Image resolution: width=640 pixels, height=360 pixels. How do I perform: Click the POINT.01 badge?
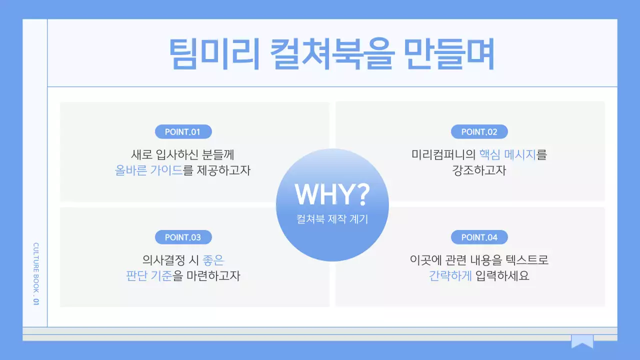[x=182, y=132]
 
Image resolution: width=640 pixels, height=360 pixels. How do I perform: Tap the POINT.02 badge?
[x=479, y=132]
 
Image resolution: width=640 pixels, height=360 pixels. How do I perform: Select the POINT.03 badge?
[x=182, y=237]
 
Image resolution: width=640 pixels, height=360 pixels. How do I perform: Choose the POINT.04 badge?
[x=479, y=237]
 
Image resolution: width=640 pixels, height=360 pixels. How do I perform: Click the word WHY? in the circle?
[x=332, y=194]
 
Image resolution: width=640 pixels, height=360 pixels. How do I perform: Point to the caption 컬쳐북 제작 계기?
[x=332, y=219]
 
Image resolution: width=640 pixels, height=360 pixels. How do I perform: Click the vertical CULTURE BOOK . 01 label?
[x=35, y=274]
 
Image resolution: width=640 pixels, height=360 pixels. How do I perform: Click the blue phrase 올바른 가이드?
[x=148, y=170]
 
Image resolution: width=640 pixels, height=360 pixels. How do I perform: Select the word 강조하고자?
[x=479, y=170]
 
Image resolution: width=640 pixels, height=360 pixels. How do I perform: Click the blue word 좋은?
[x=213, y=260]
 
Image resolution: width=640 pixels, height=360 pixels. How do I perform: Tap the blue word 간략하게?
[x=450, y=276]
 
